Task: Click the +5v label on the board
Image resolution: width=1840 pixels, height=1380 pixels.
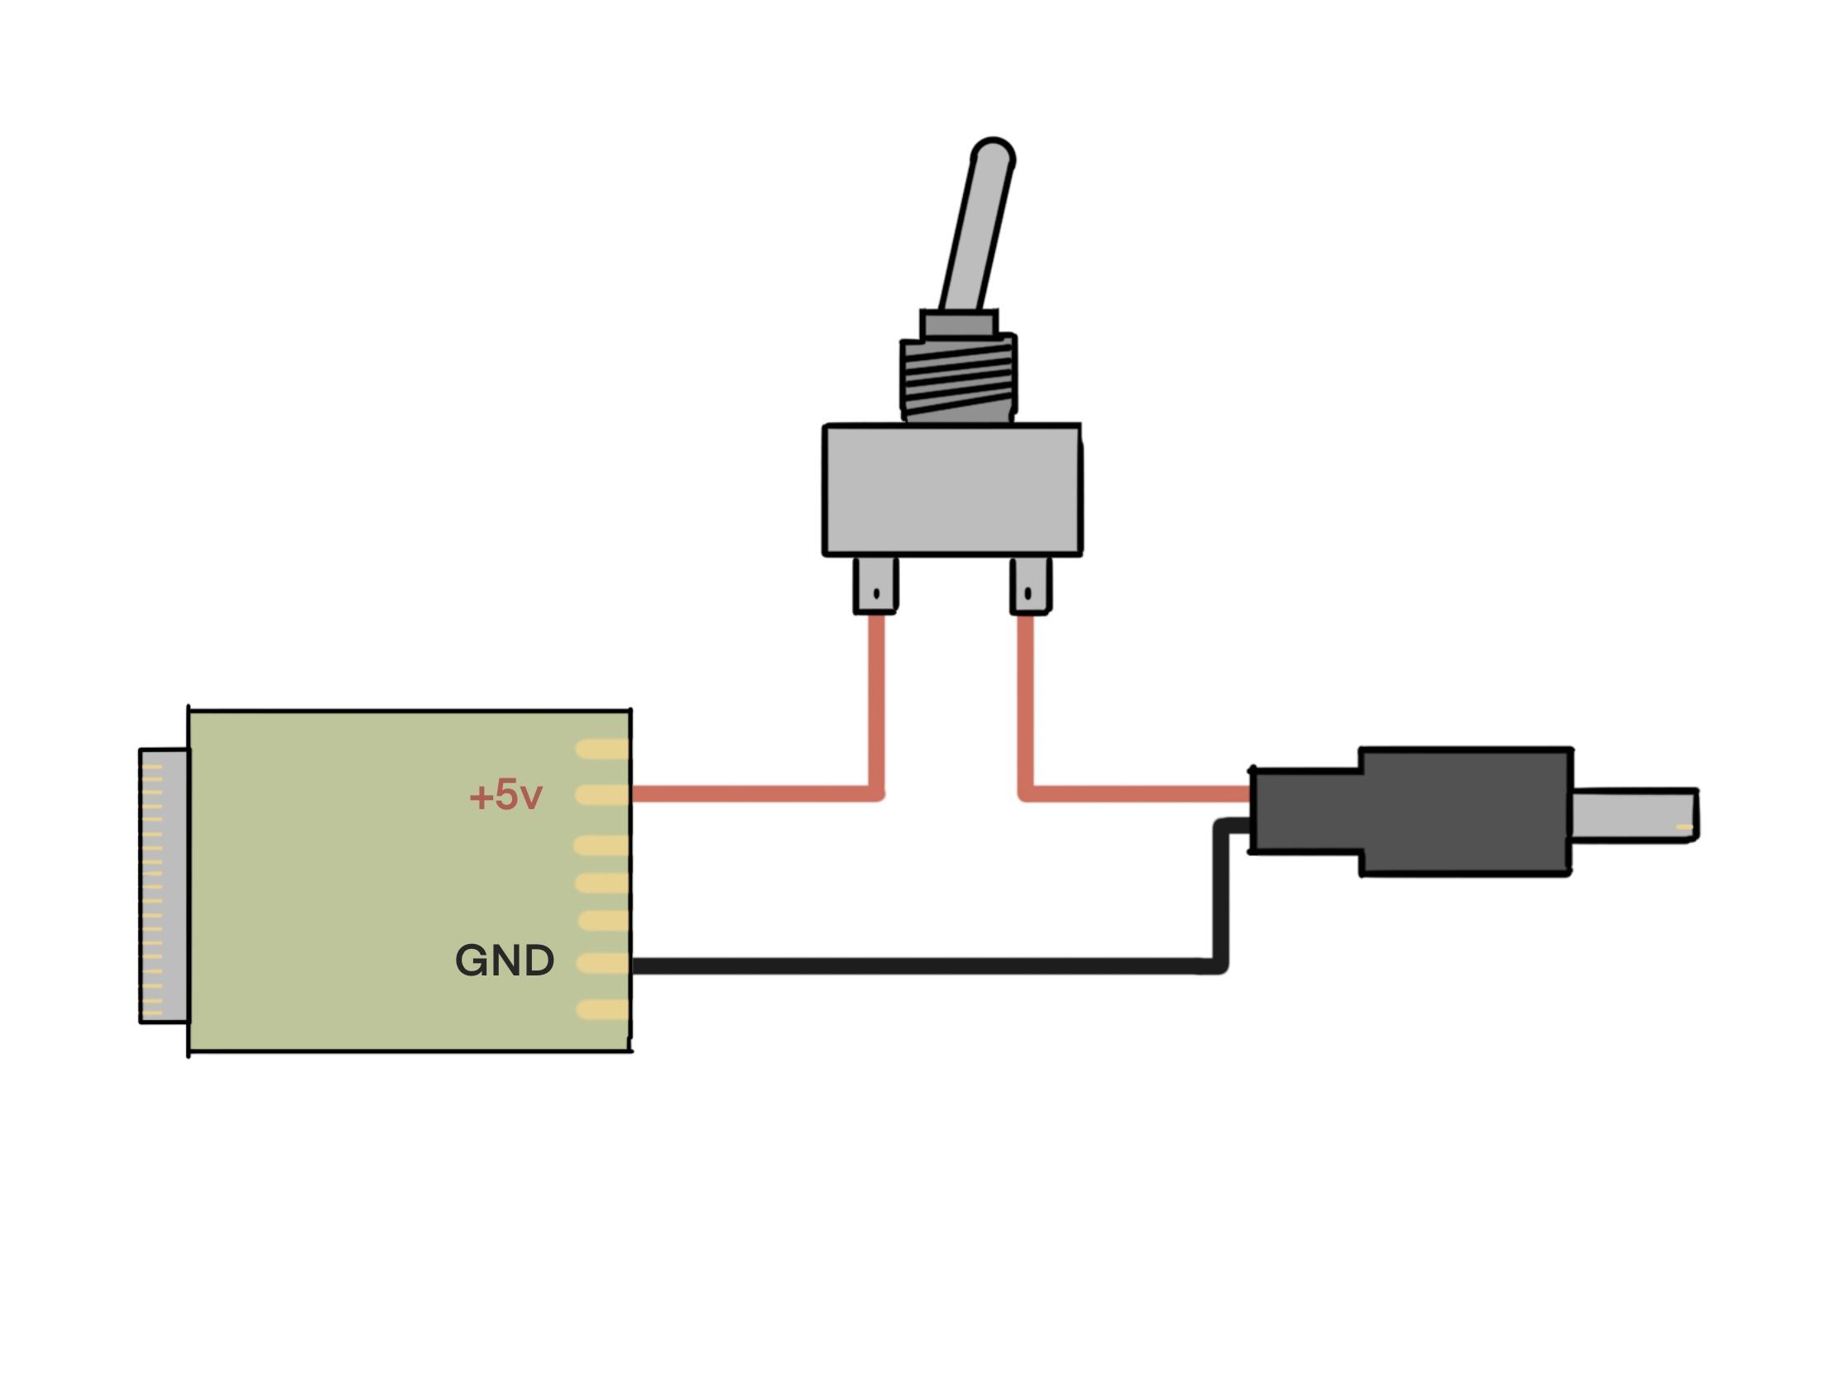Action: [505, 796]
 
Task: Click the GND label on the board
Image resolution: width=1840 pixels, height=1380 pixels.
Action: [504, 961]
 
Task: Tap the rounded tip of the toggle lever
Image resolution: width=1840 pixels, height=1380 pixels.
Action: [992, 155]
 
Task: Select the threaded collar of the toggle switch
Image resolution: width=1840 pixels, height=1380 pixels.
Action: [957, 378]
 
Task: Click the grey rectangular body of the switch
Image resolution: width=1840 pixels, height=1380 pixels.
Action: [951, 490]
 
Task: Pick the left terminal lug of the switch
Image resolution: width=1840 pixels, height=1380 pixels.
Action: [875, 586]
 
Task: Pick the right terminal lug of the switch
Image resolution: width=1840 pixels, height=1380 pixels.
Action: [1030, 586]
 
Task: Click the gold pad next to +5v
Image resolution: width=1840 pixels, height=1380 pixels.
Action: [602, 794]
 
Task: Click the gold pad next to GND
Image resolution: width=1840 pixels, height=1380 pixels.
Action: [602, 963]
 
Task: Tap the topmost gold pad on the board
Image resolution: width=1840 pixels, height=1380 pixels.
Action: [602, 749]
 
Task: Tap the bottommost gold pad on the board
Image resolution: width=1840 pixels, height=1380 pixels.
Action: [602, 1010]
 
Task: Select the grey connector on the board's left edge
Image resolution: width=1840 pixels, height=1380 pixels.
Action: [164, 885]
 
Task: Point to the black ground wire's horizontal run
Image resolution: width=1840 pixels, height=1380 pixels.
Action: [915, 966]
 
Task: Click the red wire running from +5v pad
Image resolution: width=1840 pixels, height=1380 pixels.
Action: [749, 794]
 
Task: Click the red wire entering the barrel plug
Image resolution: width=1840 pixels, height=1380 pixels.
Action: [1139, 794]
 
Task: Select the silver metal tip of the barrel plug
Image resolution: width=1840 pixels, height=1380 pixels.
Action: [1633, 815]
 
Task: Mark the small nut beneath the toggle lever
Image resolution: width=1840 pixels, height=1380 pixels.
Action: [958, 323]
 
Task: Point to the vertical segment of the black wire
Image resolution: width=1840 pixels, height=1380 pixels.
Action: [1220, 898]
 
